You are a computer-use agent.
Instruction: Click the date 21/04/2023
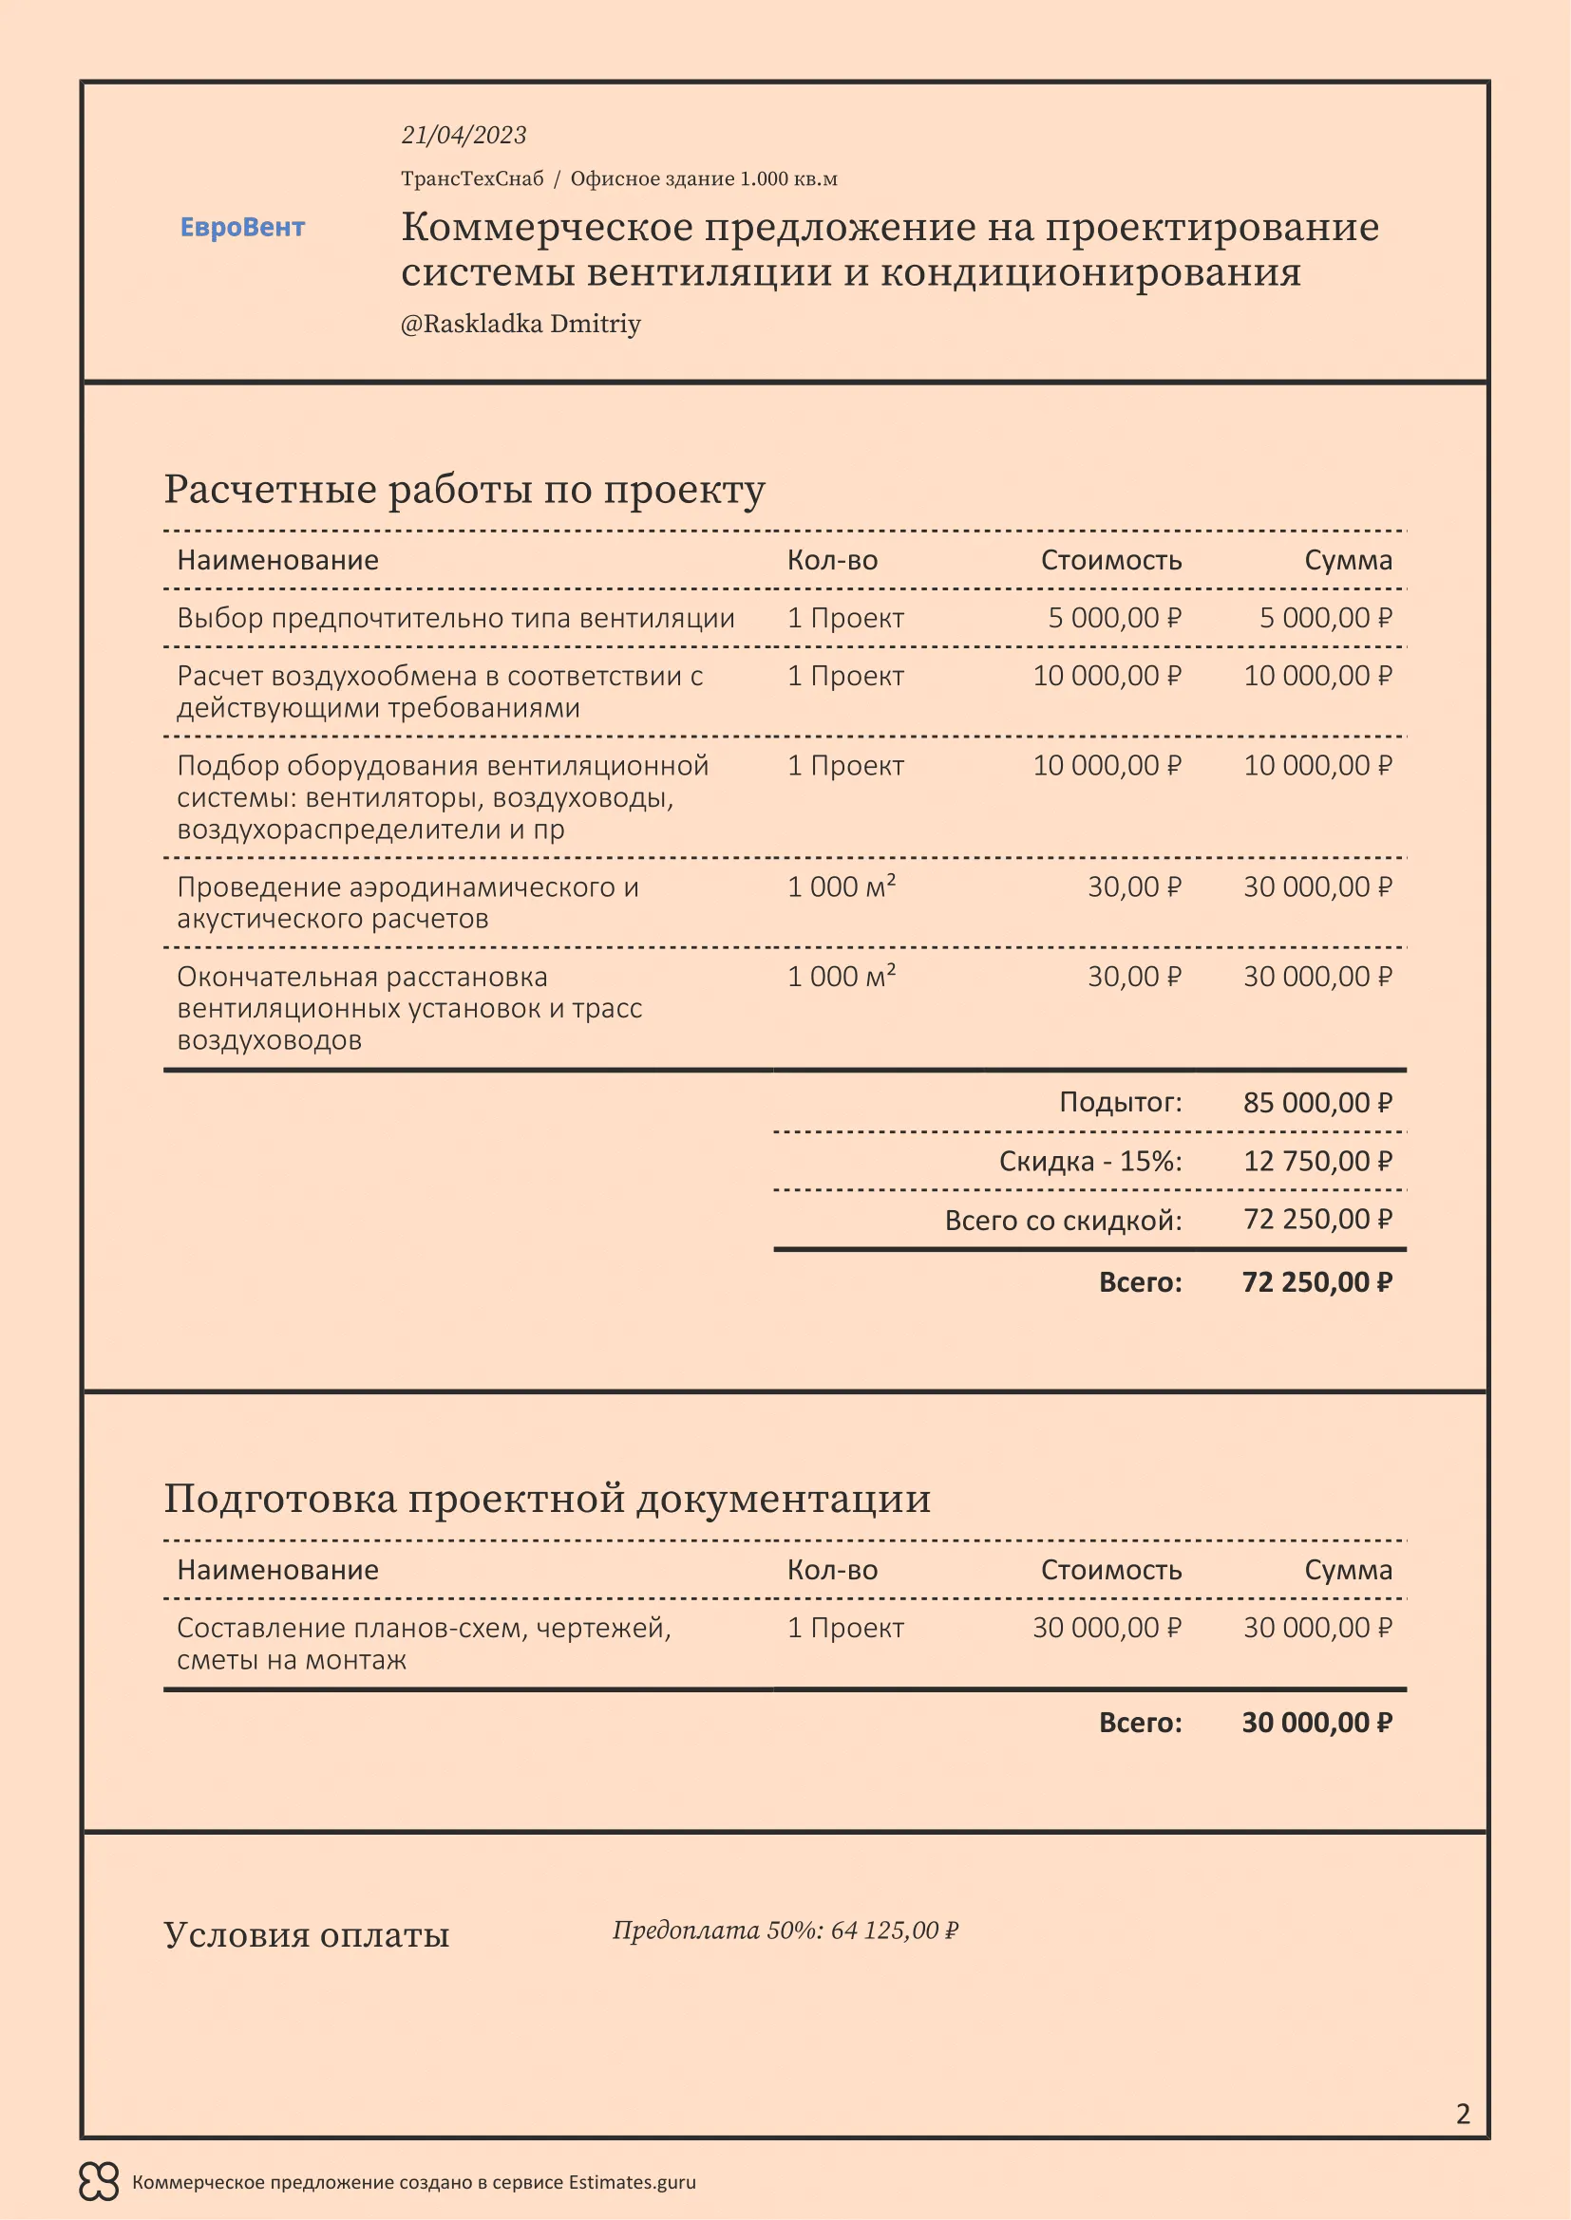tap(464, 135)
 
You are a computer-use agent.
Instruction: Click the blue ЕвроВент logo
tap(242, 227)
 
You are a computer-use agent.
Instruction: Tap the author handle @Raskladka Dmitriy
tap(521, 323)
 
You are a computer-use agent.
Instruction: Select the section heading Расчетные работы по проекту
tap(464, 488)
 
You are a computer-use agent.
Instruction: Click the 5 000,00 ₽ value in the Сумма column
tap(1324, 617)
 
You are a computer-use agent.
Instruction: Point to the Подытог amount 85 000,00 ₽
tap(1316, 1102)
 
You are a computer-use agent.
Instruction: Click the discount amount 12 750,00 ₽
tap(1316, 1160)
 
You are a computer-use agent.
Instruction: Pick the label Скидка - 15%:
tap(1090, 1160)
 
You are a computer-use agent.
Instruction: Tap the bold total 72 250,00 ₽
tap(1316, 1282)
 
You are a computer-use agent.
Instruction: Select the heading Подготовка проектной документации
tap(546, 1498)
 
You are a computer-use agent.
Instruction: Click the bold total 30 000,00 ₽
tap(1316, 1722)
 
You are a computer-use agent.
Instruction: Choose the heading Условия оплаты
tap(306, 1934)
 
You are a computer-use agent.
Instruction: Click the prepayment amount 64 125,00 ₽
tap(894, 1931)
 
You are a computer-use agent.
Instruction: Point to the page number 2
tap(1463, 2114)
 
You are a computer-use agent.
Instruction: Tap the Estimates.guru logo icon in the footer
tap(99, 2181)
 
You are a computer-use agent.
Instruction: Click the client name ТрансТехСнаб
tap(472, 178)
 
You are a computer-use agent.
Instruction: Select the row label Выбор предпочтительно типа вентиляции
tap(456, 617)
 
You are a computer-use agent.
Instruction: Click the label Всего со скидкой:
tap(1063, 1221)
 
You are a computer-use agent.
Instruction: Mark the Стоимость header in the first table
tap(1110, 560)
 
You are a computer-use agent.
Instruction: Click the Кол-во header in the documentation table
tap(832, 1569)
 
